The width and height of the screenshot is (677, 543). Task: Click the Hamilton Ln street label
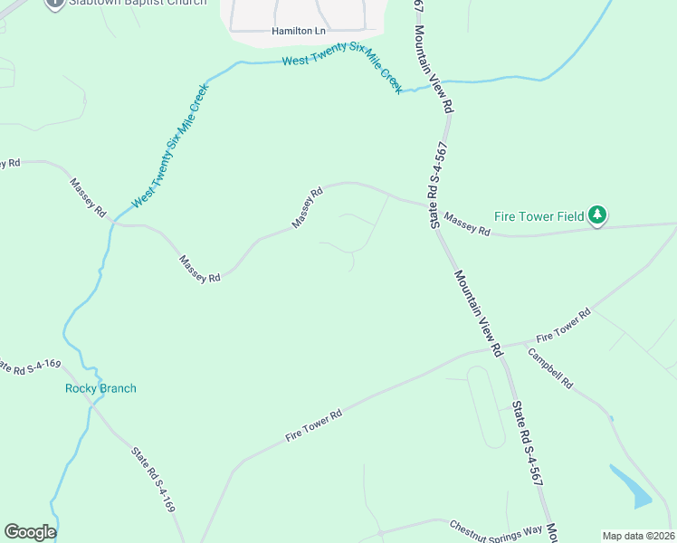pos(298,31)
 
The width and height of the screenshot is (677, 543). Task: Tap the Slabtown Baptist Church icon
pos(54,3)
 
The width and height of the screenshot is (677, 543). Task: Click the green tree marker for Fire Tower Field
pos(596,215)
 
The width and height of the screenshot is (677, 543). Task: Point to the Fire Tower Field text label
pos(539,216)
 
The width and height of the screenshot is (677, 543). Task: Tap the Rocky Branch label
pos(100,389)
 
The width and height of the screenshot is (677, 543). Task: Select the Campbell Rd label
pos(551,368)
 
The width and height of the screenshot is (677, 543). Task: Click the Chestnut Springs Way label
pos(496,529)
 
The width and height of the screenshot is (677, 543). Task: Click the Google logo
pos(30,532)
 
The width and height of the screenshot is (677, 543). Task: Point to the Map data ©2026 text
pos(638,536)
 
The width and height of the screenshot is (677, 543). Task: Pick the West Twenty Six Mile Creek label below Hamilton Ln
pos(342,71)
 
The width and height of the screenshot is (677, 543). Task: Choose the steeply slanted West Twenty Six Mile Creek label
pos(170,148)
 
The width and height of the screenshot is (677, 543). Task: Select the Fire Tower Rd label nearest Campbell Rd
pos(563,323)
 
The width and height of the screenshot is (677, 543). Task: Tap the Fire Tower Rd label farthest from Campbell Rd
pos(314,424)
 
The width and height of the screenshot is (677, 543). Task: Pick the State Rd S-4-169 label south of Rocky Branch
pos(153,481)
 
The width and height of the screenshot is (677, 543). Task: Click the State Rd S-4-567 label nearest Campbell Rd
pos(528,443)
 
